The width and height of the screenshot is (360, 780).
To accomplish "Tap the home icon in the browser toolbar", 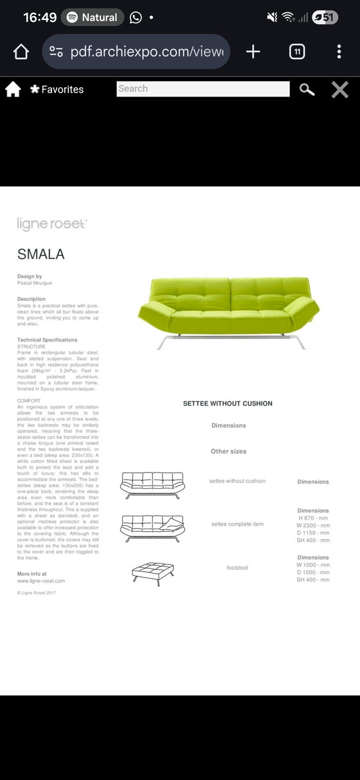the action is [x=21, y=52].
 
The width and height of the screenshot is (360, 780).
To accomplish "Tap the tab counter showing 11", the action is [x=297, y=52].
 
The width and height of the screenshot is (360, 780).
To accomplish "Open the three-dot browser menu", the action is [x=339, y=52].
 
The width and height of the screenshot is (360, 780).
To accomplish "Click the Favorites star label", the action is [x=57, y=89].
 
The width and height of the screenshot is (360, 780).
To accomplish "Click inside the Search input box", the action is [x=203, y=89].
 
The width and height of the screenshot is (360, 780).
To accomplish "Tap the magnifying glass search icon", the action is [x=307, y=89].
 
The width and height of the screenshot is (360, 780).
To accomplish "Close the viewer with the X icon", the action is [x=339, y=89].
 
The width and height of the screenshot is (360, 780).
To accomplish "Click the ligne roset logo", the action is [x=51, y=224].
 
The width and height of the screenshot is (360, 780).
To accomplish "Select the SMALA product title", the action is [x=40, y=254].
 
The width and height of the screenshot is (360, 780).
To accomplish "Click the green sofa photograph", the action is [x=228, y=312].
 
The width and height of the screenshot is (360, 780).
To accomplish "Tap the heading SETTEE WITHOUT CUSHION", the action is [x=228, y=404].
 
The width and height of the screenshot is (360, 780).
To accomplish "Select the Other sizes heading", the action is [x=228, y=451].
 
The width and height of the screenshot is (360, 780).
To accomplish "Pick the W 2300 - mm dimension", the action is [x=313, y=525].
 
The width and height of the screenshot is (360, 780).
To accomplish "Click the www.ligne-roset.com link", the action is [x=40, y=581].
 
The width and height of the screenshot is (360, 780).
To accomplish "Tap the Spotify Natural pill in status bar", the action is [x=93, y=17].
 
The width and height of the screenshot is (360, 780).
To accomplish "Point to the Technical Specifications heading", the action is [x=47, y=340].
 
